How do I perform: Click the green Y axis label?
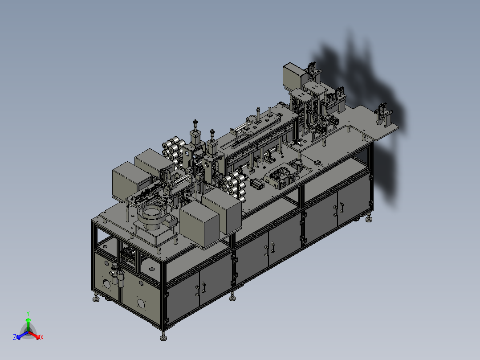pyautogui.click(x=28, y=313)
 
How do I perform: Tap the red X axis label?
pyautogui.click(x=42, y=337)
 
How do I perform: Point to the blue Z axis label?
pyautogui.click(x=15, y=337)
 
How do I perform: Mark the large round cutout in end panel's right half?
pyautogui.click(x=141, y=303)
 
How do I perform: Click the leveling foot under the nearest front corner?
pyautogui.click(x=163, y=337)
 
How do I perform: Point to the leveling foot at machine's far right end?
pyautogui.click(x=369, y=219)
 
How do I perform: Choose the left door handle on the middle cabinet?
pyautogui.click(x=266, y=251)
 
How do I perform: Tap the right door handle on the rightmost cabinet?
pyautogui.click(x=342, y=208)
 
